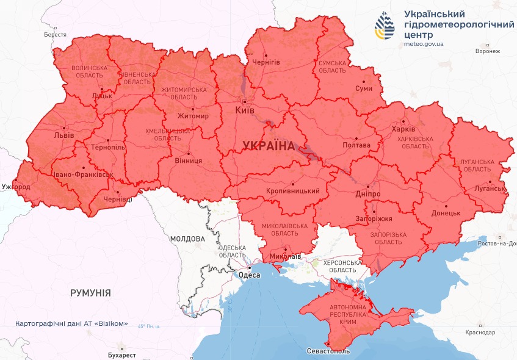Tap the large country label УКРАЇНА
[268, 145]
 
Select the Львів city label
[65, 135]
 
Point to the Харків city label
[405, 130]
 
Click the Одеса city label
[249, 275]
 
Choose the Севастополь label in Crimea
[328, 352]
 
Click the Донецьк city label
[446, 213]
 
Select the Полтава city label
[357, 145]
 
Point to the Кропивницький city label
[293, 192]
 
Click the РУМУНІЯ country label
[90, 293]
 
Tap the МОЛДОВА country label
[187, 239]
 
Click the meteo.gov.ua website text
[424, 44]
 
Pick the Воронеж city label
[487, 51]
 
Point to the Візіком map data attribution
[71, 323]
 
